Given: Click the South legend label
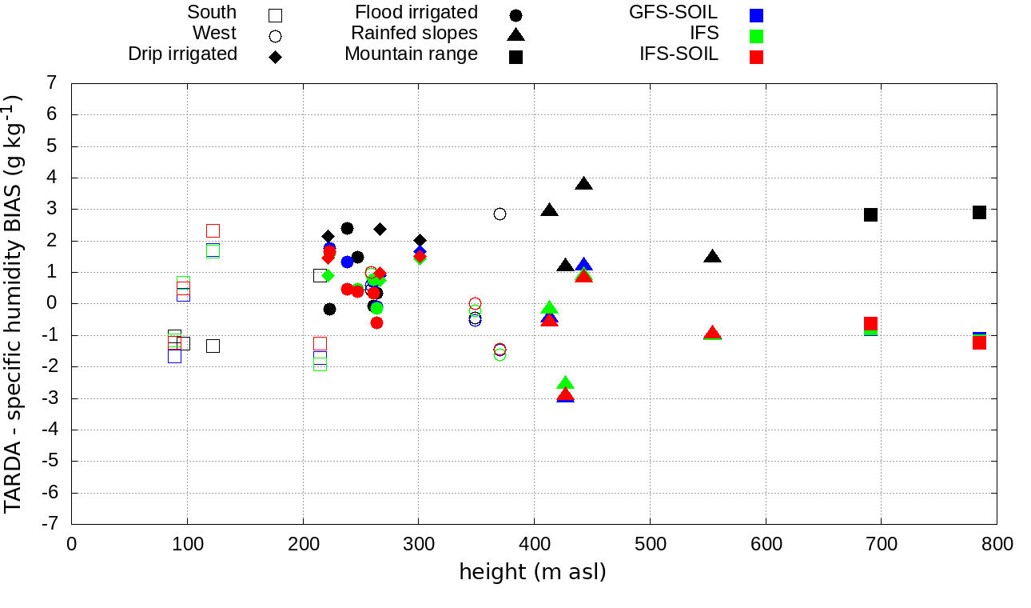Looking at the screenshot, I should pos(212,12).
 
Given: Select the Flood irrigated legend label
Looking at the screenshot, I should pos(416,12).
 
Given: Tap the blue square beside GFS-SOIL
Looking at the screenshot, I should pos(756,15).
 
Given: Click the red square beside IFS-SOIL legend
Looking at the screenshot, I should pos(756,57).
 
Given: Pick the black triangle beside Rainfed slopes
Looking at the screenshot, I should pos(515,34).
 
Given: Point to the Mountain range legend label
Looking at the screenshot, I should pos(411,54).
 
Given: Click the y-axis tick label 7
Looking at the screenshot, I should pos(52,83).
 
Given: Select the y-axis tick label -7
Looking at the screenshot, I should pos(49,524).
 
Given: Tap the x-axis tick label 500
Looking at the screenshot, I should pos(650,545).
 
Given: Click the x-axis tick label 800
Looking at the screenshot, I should pos(997,545).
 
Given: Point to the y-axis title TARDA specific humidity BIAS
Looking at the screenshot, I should pos(14,304).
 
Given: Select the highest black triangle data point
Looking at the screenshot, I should pos(583,184).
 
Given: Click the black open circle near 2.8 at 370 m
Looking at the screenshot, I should pos(500,214).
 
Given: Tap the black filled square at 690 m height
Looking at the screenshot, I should pos(870,214).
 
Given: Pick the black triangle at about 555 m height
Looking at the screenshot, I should pos(712,257).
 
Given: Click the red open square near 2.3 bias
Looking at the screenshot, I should pos(213,230).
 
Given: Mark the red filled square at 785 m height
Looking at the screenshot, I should pos(979,342).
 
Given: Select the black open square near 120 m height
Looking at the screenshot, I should pos(213,346).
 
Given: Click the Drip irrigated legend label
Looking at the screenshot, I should pos(182,54).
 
